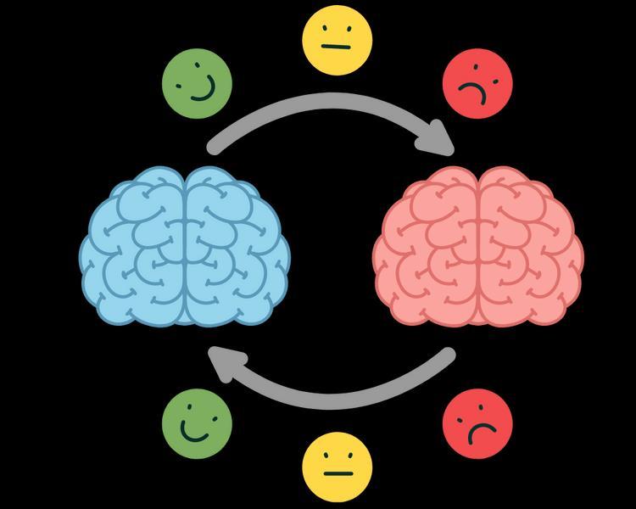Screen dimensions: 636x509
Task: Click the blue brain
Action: coord(185,246)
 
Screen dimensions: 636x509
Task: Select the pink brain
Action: coord(478,246)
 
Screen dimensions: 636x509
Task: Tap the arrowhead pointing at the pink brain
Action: coord(441,137)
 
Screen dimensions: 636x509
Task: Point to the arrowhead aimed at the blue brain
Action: coord(225,363)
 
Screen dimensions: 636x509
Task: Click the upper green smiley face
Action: coord(197,82)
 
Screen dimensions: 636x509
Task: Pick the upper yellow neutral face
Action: coord(338,39)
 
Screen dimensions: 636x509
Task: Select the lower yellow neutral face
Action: coord(338,467)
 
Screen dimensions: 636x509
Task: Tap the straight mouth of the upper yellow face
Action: coord(338,48)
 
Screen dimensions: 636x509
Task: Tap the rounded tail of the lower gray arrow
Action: coord(448,355)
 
